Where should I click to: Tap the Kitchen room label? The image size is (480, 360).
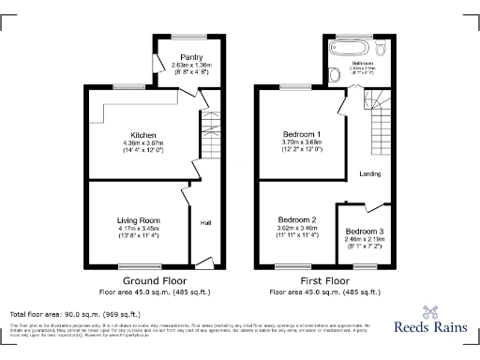pyautogui.click(x=143, y=134)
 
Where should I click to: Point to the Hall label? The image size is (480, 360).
pyautogui.click(x=205, y=223)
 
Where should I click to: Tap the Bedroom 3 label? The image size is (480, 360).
pyautogui.click(x=363, y=232)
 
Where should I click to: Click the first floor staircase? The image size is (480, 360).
pyautogui.click(x=381, y=122)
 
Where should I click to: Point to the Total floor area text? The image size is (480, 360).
pyautogui.click(x=75, y=313)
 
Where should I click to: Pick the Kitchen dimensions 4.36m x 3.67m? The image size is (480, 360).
pyautogui.click(x=143, y=142)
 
